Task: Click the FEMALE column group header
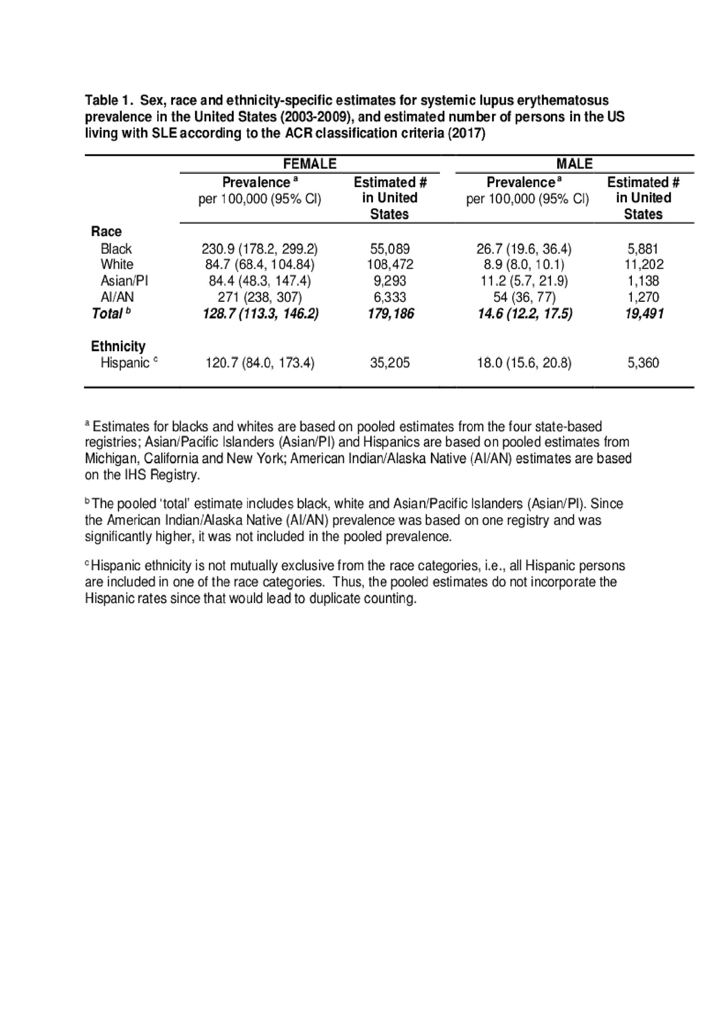coord(310,164)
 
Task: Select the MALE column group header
coord(574,164)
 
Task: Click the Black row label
coord(116,248)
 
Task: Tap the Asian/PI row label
coord(124,280)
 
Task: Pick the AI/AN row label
coord(117,297)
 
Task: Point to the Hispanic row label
coord(125,363)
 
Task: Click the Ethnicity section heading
coord(118,346)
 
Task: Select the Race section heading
coord(106,232)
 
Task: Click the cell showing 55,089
coord(390,248)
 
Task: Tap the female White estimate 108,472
coord(390,264)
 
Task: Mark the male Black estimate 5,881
coord(643,248)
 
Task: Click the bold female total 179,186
coord(391,314)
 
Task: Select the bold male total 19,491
coord(644,314)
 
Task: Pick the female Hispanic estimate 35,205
coord(390,363)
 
